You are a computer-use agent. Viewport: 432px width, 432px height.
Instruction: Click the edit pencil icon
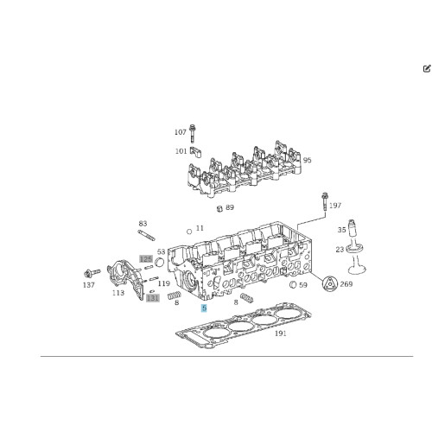[x=427, y=68]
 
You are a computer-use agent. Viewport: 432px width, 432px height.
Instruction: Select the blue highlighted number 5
[x=204, y=308]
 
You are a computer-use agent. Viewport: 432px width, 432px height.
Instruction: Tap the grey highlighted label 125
[x=146, y=259]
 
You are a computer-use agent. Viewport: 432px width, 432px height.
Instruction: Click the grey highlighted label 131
[x=153, y=298]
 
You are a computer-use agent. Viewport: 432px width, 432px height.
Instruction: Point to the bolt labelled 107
[x=193, y=133]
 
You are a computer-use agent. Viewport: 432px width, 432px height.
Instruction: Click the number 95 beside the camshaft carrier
[x=308, y=160]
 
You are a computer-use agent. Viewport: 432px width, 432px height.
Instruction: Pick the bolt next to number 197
[x=325, y=202]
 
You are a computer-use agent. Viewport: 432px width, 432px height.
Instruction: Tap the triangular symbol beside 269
[x=329, y=283]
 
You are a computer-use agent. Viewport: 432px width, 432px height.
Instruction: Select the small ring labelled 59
[x=293, y=284]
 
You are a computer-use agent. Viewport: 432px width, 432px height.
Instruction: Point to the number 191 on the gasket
[x=281, y=334]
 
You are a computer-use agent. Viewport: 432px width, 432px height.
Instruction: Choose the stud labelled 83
[x=146, y=235]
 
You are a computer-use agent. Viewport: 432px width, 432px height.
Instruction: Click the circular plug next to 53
[x=159, y=263]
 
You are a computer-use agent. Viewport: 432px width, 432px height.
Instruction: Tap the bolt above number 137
[x=92, y=272]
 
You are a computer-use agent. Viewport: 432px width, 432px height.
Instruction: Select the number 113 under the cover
[x=118, y=293]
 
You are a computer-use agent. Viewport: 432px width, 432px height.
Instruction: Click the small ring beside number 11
[x=189, y=232]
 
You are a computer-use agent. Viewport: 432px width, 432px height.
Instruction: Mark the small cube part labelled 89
[x=219, y=208]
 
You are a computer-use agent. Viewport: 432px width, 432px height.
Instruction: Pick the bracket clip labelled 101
[x=195, y=152]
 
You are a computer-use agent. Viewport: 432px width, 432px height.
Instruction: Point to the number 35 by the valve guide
[x=342, y=230]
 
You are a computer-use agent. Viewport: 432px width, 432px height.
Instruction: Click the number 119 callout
[x=163, y=283]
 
